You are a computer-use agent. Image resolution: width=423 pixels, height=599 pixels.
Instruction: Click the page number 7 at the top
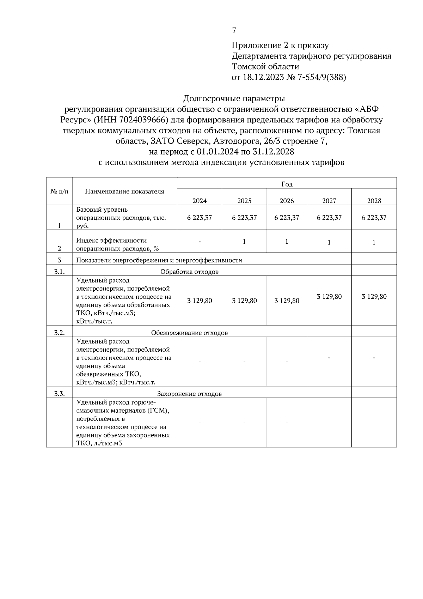[234, 31]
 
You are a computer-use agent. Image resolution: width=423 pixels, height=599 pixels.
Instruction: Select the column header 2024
[200, 201]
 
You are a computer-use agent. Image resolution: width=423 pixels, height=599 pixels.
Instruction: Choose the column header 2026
[287, 201]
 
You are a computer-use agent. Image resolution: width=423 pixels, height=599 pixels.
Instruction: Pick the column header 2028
[374, 201]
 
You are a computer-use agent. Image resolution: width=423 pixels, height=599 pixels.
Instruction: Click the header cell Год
[287, 184]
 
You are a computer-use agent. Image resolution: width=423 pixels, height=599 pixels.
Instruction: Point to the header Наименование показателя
[124, 192]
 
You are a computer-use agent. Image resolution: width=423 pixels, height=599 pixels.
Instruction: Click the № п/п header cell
[59, 192]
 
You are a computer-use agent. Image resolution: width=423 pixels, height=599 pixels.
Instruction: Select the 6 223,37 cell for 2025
[244, 218]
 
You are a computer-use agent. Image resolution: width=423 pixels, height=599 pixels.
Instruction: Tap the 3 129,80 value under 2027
[329, 296]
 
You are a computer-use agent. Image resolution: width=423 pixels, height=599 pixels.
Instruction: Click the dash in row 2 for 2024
[200, 242]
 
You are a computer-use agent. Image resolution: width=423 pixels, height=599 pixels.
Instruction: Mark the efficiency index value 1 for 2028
[374, 242]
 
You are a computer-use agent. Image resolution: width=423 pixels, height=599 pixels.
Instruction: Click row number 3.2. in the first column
[59, 332]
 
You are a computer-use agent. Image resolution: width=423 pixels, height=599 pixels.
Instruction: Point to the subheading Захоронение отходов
[189, 394]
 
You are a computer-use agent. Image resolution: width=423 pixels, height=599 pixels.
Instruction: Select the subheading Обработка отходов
[189, 272]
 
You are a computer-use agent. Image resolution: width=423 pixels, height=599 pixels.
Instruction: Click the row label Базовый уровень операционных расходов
[121, 218]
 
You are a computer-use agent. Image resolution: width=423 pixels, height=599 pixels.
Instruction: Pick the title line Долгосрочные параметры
[234, 98]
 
